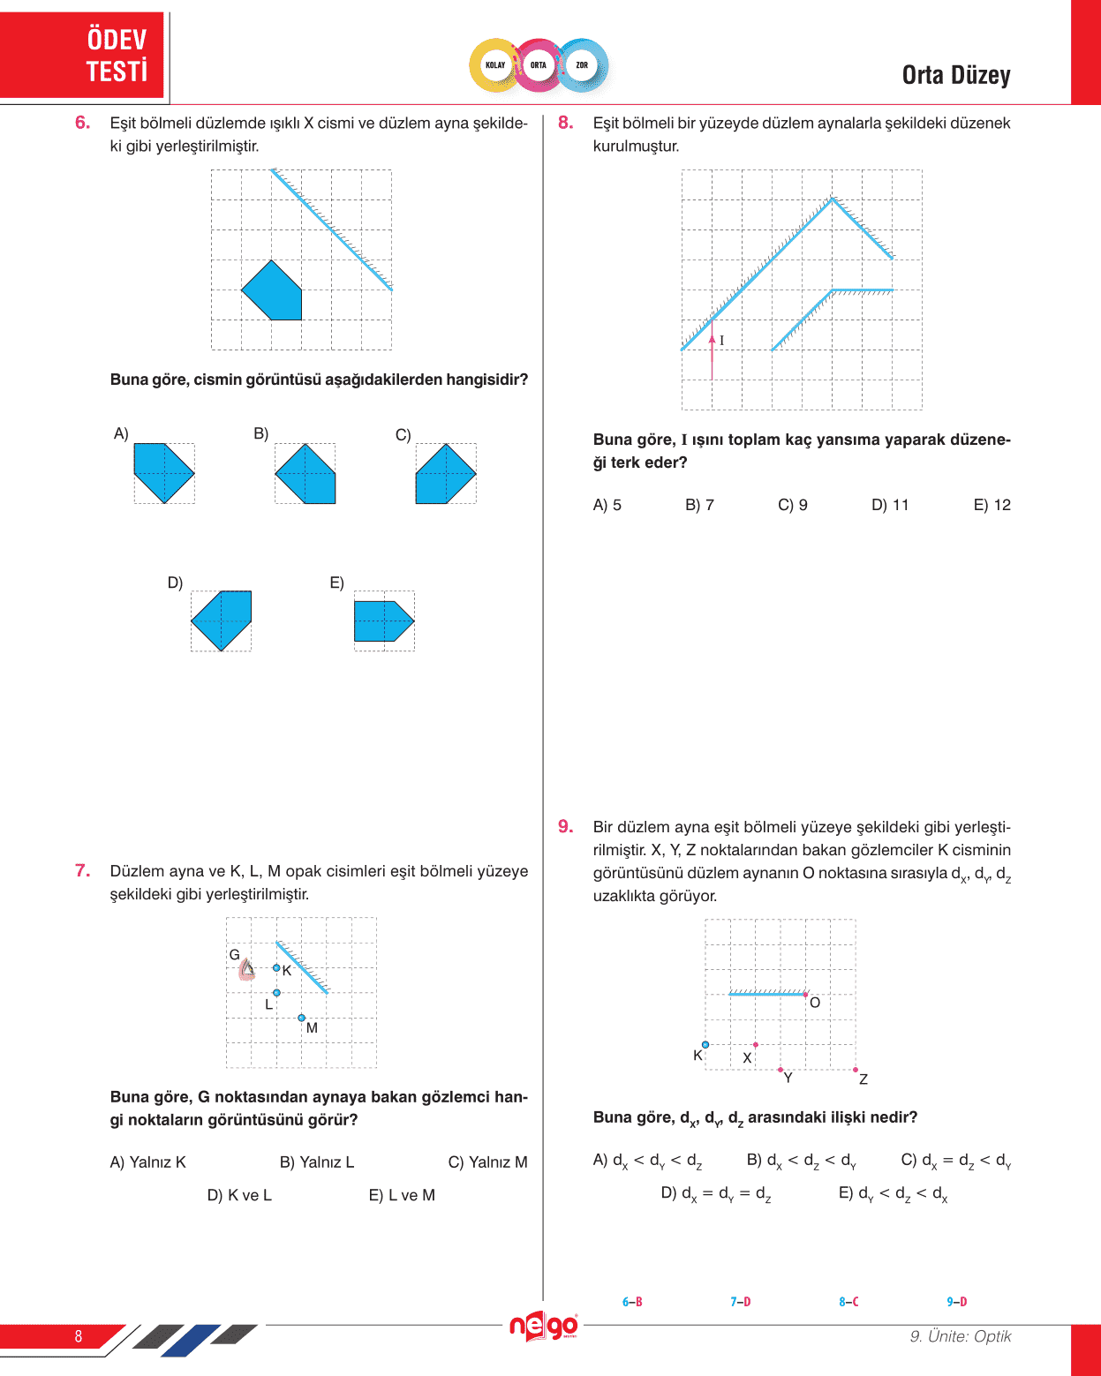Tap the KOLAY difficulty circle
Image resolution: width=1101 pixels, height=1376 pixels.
[495, 65]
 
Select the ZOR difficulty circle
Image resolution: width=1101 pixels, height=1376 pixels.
[582, 65]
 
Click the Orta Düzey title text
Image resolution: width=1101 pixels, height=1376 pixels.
[955, 76]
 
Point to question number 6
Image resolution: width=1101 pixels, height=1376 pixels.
[82, 123]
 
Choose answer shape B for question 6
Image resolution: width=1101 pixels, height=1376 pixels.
[305, 474]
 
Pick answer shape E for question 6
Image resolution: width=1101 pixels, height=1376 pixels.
[382, 621]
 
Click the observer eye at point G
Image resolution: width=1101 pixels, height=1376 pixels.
[247, 970]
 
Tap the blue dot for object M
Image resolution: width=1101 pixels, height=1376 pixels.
[302, 1018]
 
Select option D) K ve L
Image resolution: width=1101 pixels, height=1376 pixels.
[239, 1195]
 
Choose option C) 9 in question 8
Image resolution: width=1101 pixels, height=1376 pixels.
[792, 505]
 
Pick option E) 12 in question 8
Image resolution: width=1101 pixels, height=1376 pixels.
[992, 505]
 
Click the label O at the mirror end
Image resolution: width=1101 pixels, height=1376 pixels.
[815, 1003]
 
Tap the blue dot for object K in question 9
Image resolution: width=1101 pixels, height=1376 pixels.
[705, 1045]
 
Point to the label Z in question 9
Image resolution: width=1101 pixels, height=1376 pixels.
[863, 1079]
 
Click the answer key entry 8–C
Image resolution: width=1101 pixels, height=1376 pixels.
[848, 1302]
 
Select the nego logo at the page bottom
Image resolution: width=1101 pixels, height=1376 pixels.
[543, 1325]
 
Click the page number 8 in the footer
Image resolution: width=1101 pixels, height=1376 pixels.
[79, 1336]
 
